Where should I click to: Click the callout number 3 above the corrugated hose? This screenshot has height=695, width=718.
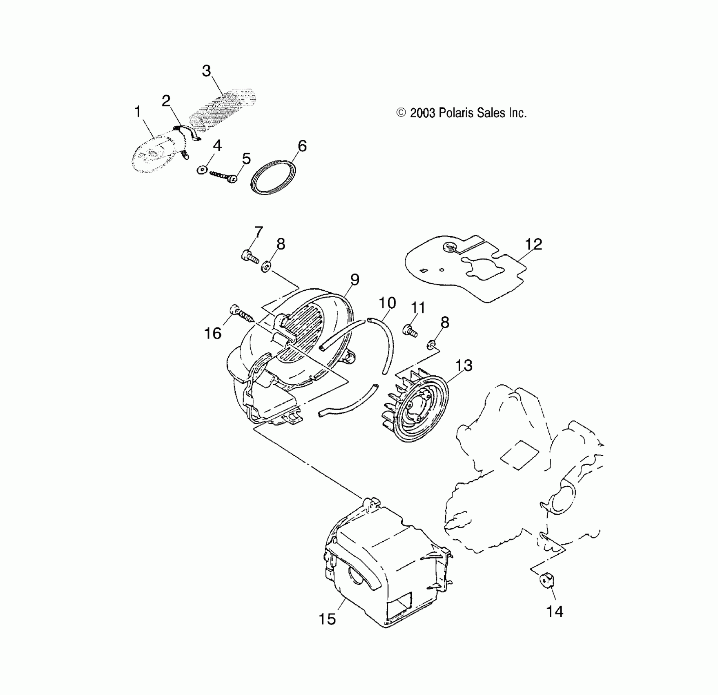(x=207, y=71)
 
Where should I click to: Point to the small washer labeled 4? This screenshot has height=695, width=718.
(x=202, y=169)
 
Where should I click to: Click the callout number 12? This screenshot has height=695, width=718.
(x=533, y=244)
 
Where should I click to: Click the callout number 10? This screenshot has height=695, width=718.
(x=387, y=303)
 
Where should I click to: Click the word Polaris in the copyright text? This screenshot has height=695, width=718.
(x=457, y=113)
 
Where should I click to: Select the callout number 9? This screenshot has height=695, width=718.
(x=355, y=280)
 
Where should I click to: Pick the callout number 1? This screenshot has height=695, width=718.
(x=138, y=112)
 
